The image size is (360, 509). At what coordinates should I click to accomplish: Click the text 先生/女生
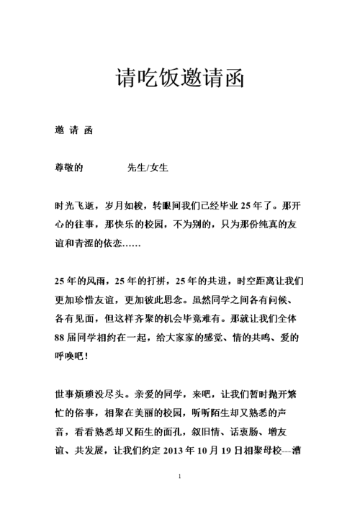coord(148,168)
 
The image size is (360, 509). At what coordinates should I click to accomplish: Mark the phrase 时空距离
coord(261,280)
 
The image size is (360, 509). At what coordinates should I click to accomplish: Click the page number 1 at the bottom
coord(179,477)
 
